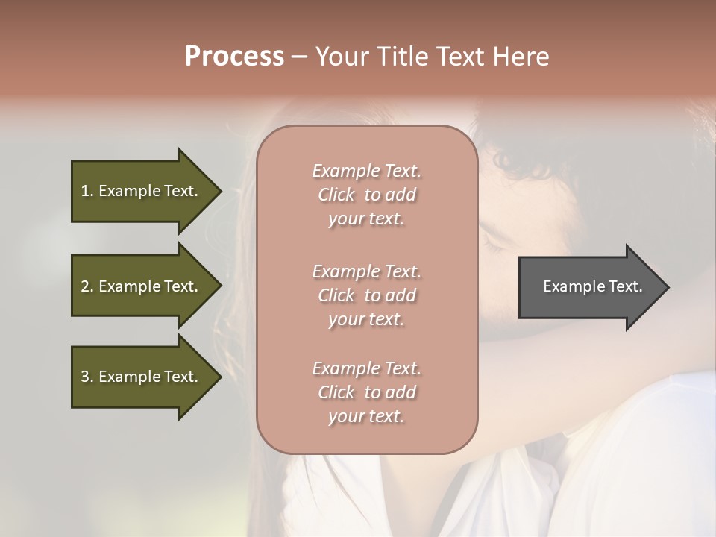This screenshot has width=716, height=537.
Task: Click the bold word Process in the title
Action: click(234, 57)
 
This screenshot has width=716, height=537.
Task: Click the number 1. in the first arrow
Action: click(87, 191)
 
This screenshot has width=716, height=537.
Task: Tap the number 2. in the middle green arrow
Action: click(87, 286)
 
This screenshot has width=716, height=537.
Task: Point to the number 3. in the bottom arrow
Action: click(87, 377)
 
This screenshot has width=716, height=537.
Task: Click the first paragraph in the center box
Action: click(366, 195)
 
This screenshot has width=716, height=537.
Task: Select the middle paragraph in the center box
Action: click(366, 295)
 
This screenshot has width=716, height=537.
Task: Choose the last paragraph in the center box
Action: click(366, 392)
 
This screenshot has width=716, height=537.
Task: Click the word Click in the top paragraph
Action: click(336, 195)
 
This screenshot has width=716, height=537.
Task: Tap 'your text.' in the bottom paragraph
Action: click(366, 416)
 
